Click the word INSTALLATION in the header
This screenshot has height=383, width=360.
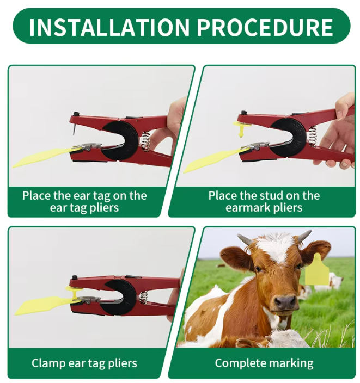coord(109,27)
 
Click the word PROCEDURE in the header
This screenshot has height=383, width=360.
coord(265,27)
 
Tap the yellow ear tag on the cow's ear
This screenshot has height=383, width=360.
coord(317,269)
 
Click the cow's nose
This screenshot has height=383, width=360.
coord(285,302)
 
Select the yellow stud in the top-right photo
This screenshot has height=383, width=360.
coord(242,128)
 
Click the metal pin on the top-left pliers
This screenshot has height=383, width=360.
coord(74,129)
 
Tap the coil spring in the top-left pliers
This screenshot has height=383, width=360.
coord(145,141)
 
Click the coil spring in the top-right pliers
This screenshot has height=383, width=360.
coord(313,136)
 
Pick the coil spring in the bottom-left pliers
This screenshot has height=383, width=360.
coord(143,298)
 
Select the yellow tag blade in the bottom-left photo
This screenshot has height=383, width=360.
coord(45,305)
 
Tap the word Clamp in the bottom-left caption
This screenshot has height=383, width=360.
coord(48,363)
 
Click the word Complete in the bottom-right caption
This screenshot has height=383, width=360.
coord(236,363)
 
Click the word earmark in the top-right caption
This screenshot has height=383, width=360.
coord(248,208)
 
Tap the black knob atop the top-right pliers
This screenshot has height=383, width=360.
coord(243,113)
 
